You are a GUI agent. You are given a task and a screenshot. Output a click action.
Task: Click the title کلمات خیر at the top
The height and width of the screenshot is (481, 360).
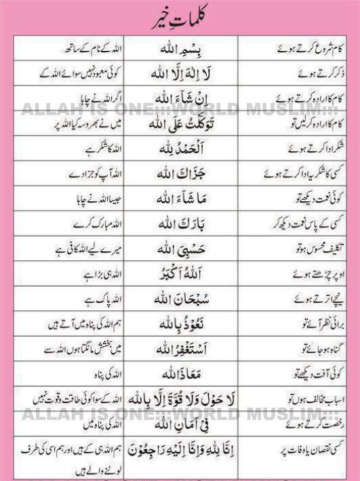pyautogui.click(x=180, y=17)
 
